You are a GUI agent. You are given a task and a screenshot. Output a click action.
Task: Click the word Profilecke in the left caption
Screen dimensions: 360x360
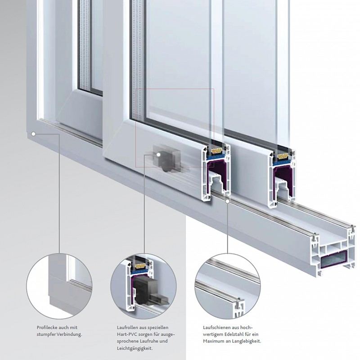point(47,328)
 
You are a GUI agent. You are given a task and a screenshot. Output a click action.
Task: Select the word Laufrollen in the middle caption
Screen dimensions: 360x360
point(127,328)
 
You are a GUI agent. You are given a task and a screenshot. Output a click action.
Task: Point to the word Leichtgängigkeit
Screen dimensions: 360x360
point(135,348)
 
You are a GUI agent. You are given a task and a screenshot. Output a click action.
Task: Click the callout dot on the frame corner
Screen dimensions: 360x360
point(33,134)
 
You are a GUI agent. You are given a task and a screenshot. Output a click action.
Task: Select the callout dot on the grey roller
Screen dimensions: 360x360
point(158,154)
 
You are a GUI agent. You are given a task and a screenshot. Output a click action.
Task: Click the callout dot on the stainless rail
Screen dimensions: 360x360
point(228,201)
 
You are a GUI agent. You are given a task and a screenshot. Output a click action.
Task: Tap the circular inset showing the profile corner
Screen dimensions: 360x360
point(59,286)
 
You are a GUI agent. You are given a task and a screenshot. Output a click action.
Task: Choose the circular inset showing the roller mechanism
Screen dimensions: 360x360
point(144,286)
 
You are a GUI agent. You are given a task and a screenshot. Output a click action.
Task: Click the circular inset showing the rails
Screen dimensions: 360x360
point(228,286)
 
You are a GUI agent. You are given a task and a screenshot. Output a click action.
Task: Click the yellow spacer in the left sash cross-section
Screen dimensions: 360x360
point(216,151)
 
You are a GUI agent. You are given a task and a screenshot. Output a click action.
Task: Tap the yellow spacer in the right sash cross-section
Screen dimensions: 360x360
point(283,156)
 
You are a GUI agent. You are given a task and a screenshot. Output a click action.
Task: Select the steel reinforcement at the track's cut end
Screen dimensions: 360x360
point(333,259)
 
